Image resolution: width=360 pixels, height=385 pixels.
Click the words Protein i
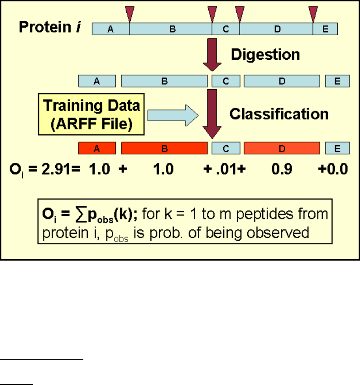click(x=50, y=27)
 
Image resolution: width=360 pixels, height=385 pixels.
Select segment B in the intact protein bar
click(x=171, y=29)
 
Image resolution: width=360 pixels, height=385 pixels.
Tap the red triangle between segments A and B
click(x=130, y=14)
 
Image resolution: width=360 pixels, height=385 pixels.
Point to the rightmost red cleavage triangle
click(x=313, y=14)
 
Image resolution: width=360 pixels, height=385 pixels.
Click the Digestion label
click(x=265, y=54)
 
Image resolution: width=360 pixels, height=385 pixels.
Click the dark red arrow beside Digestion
click(x=212, y=54)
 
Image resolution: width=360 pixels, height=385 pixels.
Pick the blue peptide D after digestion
click(x=282, y=81)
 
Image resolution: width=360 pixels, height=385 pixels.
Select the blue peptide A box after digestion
click(x=97, y=81)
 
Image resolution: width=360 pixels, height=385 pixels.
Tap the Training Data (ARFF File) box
click(x=91, y=114)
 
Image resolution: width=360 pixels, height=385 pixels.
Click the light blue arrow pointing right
click(x=173, y=115)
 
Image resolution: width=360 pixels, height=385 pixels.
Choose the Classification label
click(x=279, y=114)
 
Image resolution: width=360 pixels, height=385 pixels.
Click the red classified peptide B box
click(x=164, y=148)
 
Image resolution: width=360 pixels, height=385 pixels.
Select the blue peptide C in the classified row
click(x=226, y=148)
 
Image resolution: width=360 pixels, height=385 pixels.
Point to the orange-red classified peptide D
click(x=282, y=148)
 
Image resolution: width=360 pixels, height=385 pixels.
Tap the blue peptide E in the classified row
click(x=337, y=148)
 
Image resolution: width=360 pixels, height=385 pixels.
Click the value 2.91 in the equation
click(x=56, y=169)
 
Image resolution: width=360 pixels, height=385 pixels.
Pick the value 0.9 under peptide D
click(x=282, y=169)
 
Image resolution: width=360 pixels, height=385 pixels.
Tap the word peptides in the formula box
click(x=265, y=214)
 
